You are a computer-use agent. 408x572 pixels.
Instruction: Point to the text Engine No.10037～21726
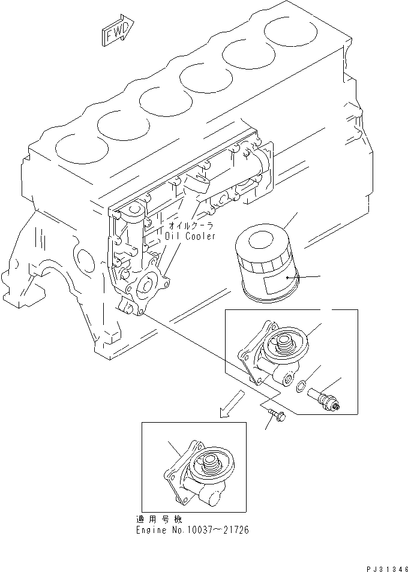(193, 530)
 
